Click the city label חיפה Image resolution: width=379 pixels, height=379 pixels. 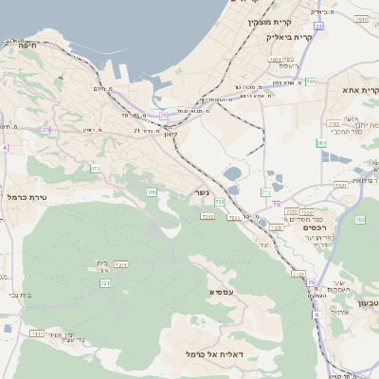[x=27, y=44]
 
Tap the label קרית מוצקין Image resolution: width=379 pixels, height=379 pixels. [x=276, y=21]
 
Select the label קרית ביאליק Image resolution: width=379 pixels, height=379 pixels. [x=288, y=37]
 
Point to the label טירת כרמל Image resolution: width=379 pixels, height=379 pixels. [x=26, y=197]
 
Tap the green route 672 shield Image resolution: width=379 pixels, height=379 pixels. [x=95, y=169]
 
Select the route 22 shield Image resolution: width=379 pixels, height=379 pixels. [x=319, y=27]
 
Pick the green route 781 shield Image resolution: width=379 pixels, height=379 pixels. [x=310, y=81]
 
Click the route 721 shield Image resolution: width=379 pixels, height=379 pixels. [x=105, y=283]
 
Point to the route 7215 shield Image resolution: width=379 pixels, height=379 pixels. [x=120, y=264]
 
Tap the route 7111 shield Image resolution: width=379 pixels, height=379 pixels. [x=37, y=334]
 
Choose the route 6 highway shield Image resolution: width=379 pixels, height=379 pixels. [x=316, y=314]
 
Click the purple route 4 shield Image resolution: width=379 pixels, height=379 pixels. [x=4, y=148]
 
